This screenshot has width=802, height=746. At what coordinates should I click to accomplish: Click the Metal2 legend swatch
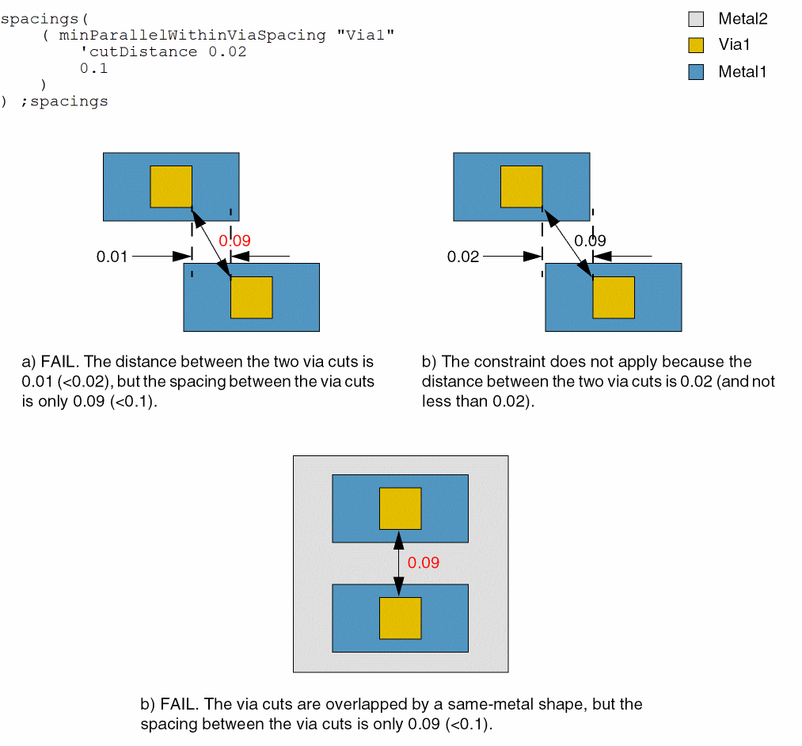696,19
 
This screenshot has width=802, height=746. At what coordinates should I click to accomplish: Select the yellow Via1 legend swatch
696,45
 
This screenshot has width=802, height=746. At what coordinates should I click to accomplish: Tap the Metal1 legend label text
743,72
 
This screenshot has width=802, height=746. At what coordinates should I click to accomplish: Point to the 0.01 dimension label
112,257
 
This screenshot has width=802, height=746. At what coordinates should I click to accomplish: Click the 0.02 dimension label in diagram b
463,257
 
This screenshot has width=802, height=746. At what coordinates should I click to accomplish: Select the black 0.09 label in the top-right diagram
590,241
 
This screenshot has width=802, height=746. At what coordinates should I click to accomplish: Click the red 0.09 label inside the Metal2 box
423,563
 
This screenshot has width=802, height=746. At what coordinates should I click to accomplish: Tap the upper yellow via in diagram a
171,186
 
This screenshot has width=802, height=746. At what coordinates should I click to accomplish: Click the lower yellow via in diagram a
251,297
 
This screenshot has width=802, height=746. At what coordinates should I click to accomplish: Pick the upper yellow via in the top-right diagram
521,186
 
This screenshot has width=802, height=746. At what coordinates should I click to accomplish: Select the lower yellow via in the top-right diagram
614,297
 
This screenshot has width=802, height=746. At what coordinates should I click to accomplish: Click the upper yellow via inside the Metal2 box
400,508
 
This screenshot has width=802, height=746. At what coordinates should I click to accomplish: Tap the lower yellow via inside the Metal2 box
400,618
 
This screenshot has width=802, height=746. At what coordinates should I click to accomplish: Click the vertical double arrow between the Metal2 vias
400,563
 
